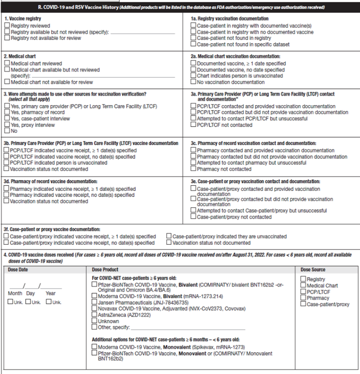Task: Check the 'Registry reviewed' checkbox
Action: point(7,26)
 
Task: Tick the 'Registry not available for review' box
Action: point(7,38)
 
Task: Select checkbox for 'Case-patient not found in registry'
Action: point(193,38)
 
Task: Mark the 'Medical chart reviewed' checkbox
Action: point(7,64)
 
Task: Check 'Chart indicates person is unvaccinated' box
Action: point(193,76)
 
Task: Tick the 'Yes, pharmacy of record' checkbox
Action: point(7,113)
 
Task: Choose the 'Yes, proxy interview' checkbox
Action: point(7,125)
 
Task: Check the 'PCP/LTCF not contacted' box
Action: point(193,125)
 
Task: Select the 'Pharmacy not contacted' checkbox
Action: point(193,169)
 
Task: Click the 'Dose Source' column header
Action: point(313,270)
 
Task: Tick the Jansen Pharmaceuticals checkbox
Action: point(94,303)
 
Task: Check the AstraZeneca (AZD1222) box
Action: point(94,315)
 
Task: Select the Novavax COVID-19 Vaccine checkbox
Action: point(94,309)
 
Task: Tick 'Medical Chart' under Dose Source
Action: point(303,285)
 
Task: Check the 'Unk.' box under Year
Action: point(49,302)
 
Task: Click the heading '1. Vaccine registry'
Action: point(23,19)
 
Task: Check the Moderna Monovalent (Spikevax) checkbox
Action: point(94,347)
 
